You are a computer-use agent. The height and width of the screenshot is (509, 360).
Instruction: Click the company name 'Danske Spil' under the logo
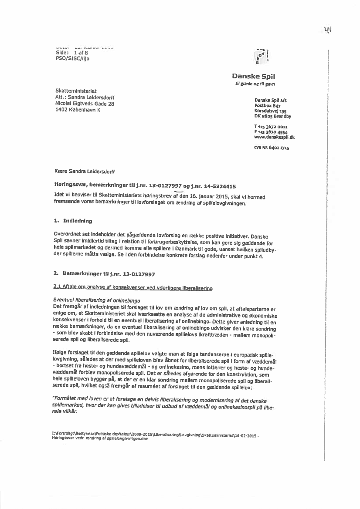click(x=259, y=76)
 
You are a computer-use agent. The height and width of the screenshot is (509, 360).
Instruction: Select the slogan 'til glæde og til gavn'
click(x=255, y=84)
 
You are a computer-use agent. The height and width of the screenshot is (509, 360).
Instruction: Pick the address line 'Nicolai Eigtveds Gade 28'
click(x=85, y=104)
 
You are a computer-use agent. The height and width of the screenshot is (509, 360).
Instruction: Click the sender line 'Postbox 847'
click(x=267, y=105)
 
